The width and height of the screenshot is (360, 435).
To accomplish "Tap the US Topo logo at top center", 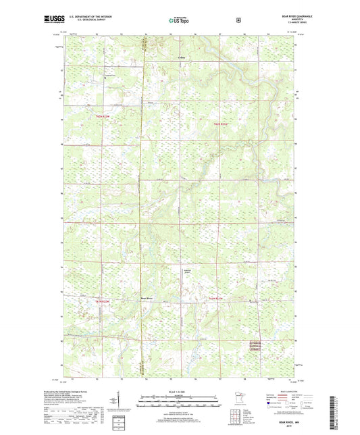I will tap(179, 21).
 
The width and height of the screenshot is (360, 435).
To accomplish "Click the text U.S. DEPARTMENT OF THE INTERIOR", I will tap(82, 18).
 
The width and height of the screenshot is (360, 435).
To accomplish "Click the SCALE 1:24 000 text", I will tap(179, 392).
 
